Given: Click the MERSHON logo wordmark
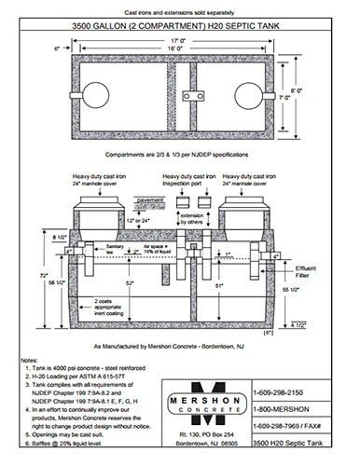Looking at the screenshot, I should (x=206, y=412).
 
